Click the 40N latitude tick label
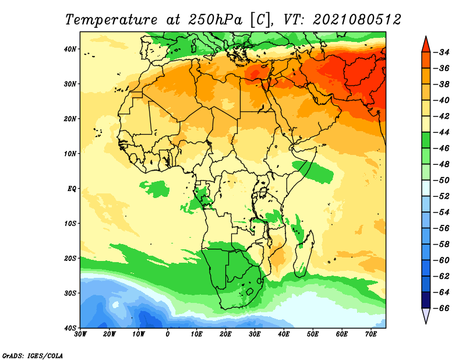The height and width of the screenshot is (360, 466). coord(70,49)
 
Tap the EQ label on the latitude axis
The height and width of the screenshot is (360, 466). coord(72,189)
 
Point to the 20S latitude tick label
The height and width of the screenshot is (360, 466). coord(70,258)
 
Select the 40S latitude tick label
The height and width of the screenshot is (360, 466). coord(70,328)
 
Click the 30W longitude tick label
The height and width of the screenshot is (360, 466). coord(80,334)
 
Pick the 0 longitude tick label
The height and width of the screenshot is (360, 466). coord(168,334)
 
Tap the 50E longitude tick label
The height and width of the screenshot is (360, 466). coord(313,334)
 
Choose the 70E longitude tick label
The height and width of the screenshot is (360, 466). coord(371,334)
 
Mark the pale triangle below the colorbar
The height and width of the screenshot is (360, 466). coord(426,315)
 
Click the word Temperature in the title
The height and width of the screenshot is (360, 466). coord(111,20)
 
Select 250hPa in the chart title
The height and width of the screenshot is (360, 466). coord(216,20)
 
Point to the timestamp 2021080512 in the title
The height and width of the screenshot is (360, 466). coord(357,20)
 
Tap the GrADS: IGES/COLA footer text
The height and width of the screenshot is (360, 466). coord(33,355)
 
